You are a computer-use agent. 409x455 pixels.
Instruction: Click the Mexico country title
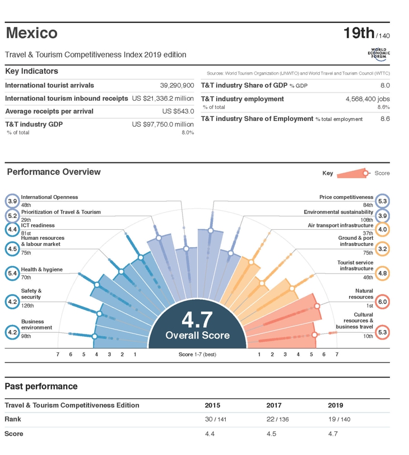[x=31, y=33]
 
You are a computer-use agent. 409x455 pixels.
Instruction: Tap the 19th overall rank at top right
[x=359, y=33]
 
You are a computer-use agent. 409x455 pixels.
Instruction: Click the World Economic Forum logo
[x=378, y=54]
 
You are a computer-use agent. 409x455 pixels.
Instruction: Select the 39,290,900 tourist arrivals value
[x=177, y=86]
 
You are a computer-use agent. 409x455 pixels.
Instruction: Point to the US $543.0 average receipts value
[x=178, y=112]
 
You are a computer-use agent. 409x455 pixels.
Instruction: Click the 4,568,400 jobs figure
[x=368, y=99]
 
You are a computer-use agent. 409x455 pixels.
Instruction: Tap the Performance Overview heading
[x=53, y=172]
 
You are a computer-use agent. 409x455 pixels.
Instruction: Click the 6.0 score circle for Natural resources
[x=382, y=301]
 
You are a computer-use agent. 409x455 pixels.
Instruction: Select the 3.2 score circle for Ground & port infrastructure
[x=382, y=249]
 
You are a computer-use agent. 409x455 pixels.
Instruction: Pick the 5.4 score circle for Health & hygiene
[x=12, y=273]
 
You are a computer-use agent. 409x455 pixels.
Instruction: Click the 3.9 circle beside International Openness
[x=12, y=201]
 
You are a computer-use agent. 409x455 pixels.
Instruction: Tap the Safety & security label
[x=31, y=294]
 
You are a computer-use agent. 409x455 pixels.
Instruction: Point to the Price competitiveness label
[x=346, y=197]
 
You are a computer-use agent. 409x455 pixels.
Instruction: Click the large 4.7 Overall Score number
[x=197, y=320]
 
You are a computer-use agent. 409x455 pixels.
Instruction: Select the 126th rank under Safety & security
[x=27, y=306]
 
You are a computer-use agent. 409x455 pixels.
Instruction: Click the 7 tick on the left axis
[x=58, y=355]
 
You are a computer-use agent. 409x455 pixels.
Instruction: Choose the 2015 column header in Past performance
[x=212, y=405]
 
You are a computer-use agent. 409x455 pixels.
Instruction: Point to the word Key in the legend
[x=328, y=173]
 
